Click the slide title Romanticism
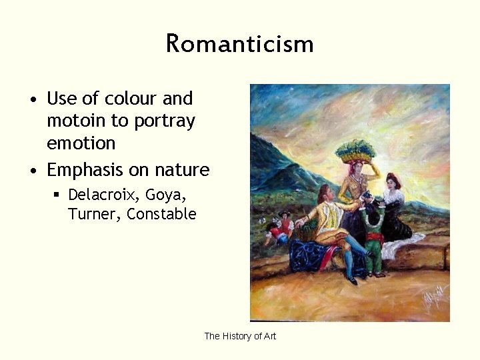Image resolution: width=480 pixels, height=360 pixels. click(x=240, y=44)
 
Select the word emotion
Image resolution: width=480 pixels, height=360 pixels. click(x=81, y=143)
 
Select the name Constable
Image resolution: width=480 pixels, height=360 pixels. click(x=161, y=214)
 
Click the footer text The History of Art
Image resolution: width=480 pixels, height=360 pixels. click(x=240, y=336)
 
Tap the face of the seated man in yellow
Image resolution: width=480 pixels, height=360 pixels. click(x=326, y=195)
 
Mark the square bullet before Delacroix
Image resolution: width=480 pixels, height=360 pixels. click(x=57, y=195)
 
